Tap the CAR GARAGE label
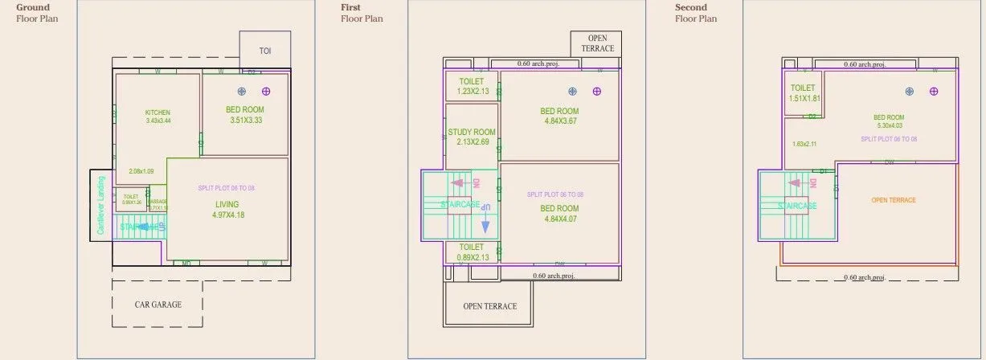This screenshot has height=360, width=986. click(158, 305)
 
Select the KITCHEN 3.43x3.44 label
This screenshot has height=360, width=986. click(158, 117)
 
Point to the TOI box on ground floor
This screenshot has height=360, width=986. click(265, 51)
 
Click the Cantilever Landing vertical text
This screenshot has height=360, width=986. click(100, 207)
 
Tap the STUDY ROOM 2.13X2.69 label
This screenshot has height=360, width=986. click(472, 137)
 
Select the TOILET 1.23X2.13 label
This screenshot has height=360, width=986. click(472, 87)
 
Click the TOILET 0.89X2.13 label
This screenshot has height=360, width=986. click(472, 252)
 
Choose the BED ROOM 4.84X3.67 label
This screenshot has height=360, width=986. click(559, 116)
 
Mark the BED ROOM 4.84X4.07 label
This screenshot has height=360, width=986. click(559, 213)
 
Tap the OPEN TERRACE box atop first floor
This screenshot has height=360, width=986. click(595, 43)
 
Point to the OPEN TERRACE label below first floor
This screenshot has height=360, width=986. click(489, 306)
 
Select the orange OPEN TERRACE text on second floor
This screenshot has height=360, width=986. click(894, 200)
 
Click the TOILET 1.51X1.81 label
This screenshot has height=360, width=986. click(804, 93)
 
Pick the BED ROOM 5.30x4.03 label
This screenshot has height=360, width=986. click(889, 121)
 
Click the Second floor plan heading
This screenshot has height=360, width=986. click(696, 13)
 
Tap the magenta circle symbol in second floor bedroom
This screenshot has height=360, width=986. click(934, 92)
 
